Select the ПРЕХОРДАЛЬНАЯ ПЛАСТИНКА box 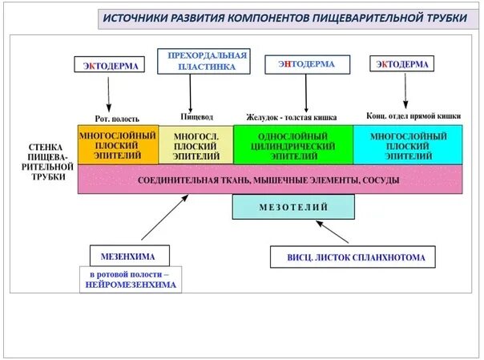coord(202,61)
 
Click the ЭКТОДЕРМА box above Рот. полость coord(111,65)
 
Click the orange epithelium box coord(118,144)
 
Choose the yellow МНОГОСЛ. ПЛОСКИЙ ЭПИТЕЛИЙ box coord(196,144)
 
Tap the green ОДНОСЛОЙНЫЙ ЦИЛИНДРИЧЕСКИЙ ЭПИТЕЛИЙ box coord(293,144)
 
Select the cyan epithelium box coord(407,144)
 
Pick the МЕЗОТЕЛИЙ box coord(293,207)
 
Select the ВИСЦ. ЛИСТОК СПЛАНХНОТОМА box coord(350,257)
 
